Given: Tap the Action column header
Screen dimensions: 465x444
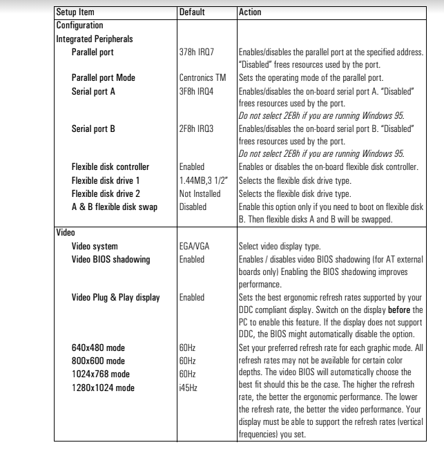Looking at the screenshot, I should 249,12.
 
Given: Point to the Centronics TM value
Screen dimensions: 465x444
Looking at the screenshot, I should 202,77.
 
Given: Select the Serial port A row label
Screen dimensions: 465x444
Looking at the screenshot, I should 93,90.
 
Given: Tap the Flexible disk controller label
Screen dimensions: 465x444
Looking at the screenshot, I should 110,167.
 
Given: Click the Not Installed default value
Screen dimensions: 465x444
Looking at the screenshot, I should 200,193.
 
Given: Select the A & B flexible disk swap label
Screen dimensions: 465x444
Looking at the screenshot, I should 113,206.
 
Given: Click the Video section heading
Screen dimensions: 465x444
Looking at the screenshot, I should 65,232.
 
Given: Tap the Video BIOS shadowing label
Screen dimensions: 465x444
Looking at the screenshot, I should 110,258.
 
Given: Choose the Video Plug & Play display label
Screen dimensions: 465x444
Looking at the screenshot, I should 115,297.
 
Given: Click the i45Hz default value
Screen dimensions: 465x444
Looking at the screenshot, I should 188,387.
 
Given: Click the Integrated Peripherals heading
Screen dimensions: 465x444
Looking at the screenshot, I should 94,39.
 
